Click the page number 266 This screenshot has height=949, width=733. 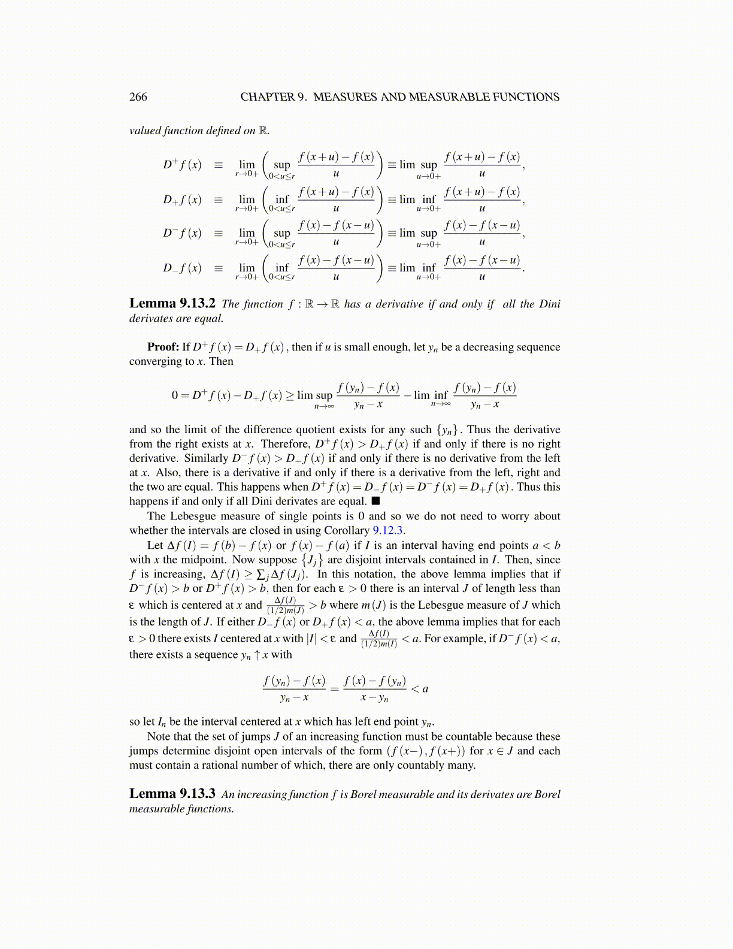[x=138, y=97]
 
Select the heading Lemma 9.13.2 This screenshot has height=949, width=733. [x=172, y=303]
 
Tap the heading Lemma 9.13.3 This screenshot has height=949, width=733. [x=172, y=794]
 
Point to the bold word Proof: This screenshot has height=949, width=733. [x=163, y=347]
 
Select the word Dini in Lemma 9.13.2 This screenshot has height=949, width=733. [x=549, y=304]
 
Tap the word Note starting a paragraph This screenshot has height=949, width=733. [x=159, y=736]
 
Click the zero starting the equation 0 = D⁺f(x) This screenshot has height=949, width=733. [x=175, y=395]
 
